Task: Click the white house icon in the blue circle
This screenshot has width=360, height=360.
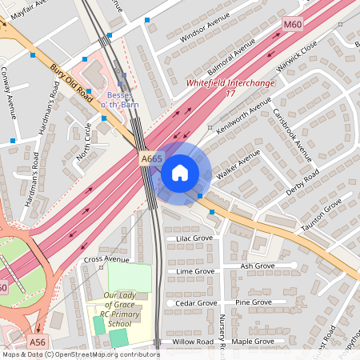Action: pyautogui.click(x=180, y=173)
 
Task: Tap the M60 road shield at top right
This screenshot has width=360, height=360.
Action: pyautogui.click(x=293, y=26)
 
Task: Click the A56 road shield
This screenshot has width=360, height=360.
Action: pyautogui.click(x=37, y=342)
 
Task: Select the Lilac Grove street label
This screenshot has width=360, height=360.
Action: pyautogui.click(x=189, y=238)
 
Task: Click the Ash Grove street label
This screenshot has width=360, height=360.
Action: pyautogui.click(x=258, y=266)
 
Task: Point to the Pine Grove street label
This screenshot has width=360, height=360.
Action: pyautogui.click(x=253, y=302)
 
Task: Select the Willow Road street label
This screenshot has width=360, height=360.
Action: pyautogui.click(x=192, y=342)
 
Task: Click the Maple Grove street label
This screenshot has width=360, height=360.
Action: pyautogui.click(x=253, y=342)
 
